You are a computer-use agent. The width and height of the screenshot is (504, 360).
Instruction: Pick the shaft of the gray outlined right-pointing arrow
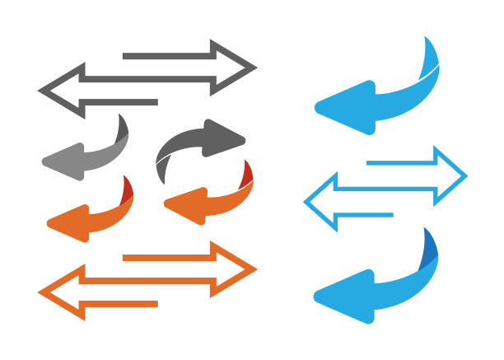pyautogui.click(x=165, y=57)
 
